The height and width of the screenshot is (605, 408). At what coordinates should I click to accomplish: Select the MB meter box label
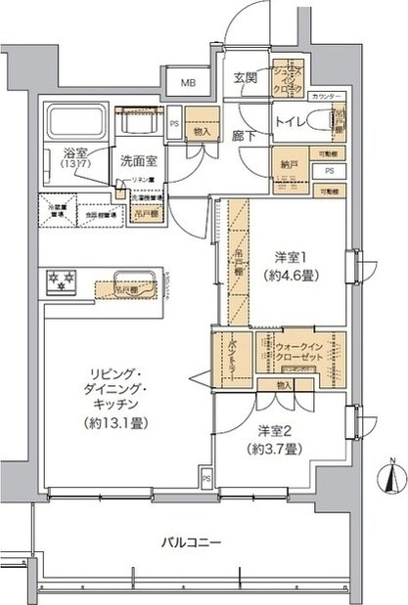pyautogui.click(x=186, y=84)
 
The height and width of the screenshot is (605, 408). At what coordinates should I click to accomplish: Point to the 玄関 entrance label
pyautogui.click(x=245, y=80)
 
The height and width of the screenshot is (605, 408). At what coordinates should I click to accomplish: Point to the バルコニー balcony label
pyautogui.click(x=193, y=540)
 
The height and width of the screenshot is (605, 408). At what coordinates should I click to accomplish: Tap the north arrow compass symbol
pyautogui.click(x=390, y=480)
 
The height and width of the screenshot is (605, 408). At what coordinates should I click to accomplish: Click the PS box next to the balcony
pyautogui.click(x=206, y=479)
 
